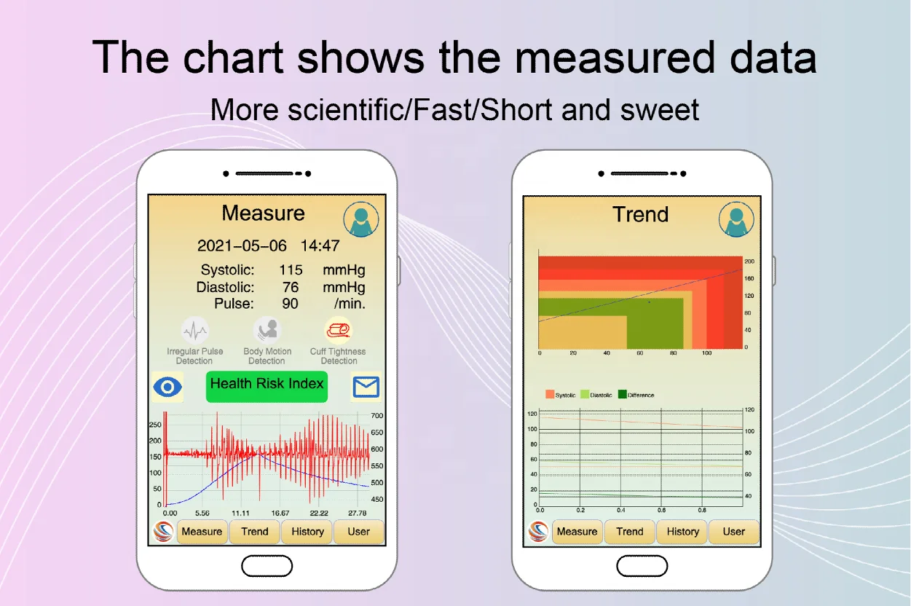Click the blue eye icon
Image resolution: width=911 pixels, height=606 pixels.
point(167,387)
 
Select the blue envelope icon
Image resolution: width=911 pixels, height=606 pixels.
point(366,387)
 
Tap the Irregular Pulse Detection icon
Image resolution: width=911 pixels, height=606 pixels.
point(194,331)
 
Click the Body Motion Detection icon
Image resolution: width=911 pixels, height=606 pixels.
point(267,331)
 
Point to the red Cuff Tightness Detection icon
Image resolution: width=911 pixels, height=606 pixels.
point(339,331)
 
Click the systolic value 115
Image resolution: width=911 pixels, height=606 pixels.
point(291,270)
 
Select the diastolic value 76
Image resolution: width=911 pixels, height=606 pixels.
point(291,287)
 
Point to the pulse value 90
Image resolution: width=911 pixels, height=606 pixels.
point(291,304)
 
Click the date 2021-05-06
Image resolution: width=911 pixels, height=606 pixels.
point(242,246)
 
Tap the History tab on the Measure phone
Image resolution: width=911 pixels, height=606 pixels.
point(307,532)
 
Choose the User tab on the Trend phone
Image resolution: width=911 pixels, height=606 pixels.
point(733,532)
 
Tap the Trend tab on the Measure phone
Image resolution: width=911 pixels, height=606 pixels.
point(255,532)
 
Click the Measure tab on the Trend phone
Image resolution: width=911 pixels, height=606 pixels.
point(577,532)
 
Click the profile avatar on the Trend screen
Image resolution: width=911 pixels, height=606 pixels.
point(736,219)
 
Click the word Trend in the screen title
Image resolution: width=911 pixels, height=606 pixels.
point(640,214)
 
